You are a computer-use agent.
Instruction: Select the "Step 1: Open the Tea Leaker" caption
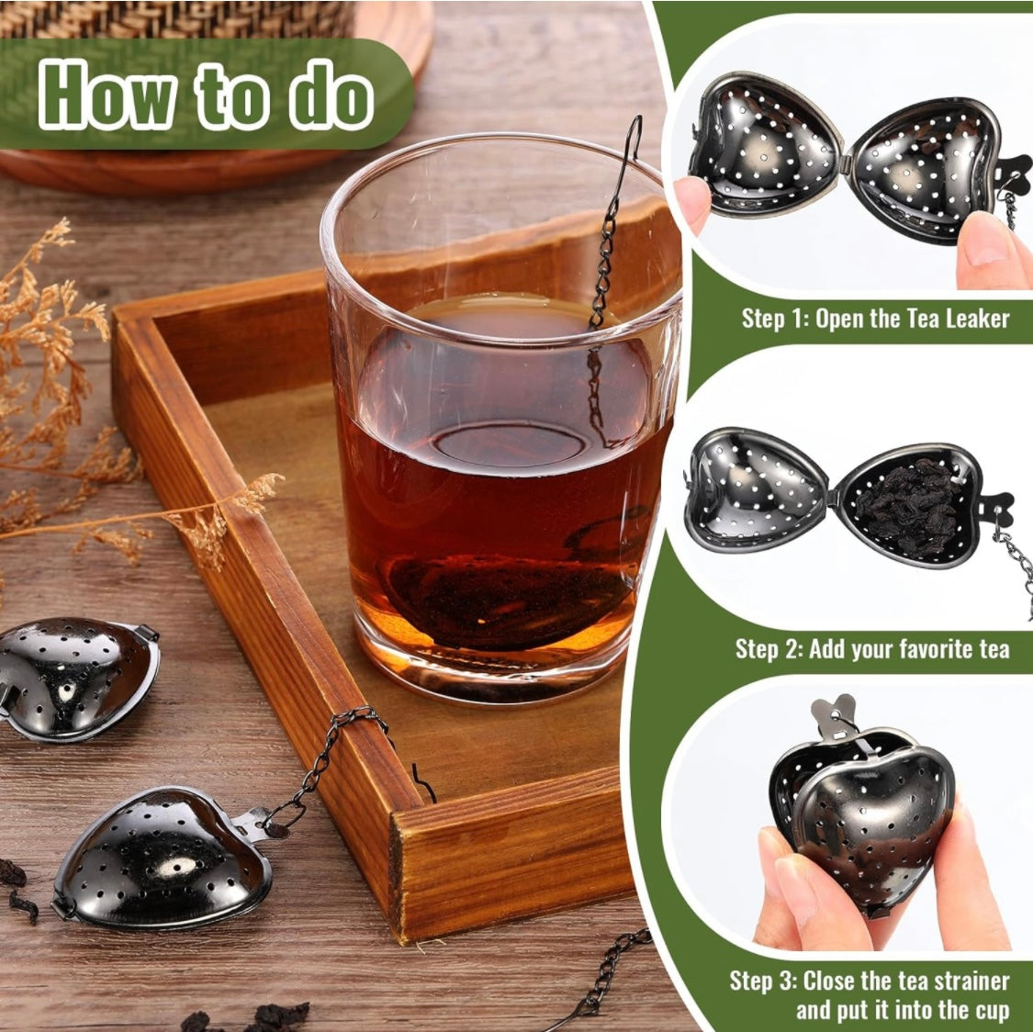point(875,319)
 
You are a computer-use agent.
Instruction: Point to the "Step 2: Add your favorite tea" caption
point(871,649)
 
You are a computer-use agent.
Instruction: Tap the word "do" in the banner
point(329,94)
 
